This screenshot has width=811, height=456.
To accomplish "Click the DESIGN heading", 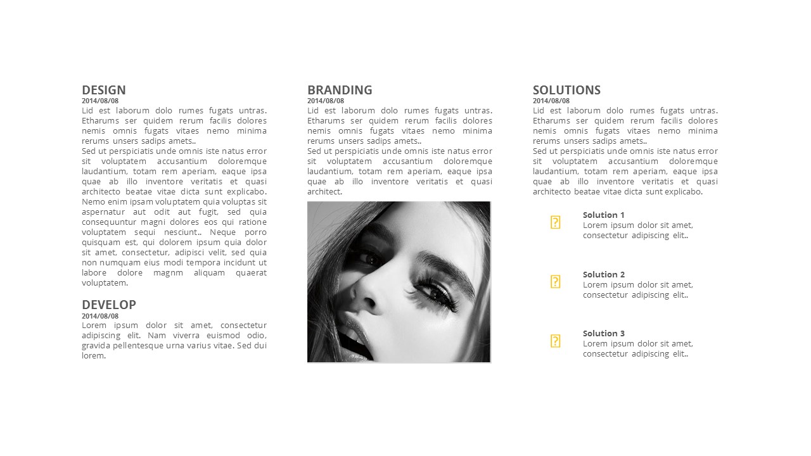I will [x=104, y=90].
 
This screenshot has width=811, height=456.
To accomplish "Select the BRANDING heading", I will [x=340, y=90].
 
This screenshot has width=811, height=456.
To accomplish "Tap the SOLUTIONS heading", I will [x=566, y=90].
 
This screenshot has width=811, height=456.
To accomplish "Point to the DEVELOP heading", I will [x=109, y=305].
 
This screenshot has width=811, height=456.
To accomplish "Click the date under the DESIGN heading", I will [x=100, y=101].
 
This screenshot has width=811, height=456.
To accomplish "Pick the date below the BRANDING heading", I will [x=326, y=101].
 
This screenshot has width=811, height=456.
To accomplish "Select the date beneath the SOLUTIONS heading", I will [x=551, y=101].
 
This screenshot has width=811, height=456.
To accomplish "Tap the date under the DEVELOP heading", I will [x=100, y=316].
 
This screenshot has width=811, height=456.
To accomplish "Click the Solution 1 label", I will [x=604, y=215].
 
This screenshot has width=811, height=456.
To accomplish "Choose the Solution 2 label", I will [x=604, y=274].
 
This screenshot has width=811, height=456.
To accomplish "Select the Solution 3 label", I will [x=604, y=333].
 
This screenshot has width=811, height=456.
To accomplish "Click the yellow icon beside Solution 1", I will [x=555, y=222].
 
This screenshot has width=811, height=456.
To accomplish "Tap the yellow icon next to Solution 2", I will [x=555, y=282].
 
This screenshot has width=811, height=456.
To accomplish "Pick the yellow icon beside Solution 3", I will [x=555, y=341].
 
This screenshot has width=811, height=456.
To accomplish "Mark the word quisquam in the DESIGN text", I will [x=100, y=243].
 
